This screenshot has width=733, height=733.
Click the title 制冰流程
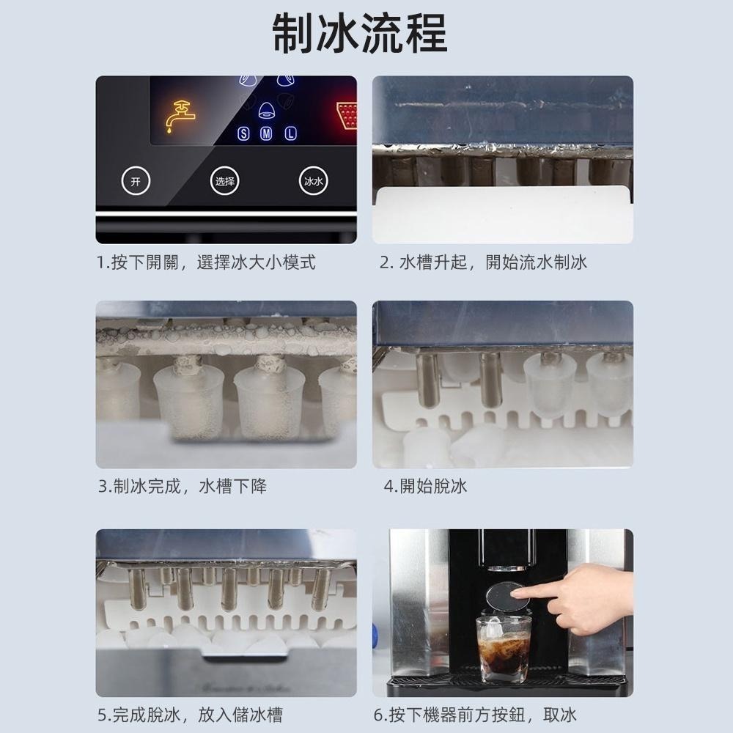coord(359,33)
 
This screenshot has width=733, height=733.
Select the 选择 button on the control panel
coord(224,181)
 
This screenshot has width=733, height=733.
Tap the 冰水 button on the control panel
coord(313,181)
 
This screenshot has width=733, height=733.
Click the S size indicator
coord(245,134)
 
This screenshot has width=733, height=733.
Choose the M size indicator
coord(267,134)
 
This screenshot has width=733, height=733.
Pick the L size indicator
coord(290,134)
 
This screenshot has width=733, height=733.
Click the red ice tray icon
coord(347,115)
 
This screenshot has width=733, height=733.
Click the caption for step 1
coord(207,262)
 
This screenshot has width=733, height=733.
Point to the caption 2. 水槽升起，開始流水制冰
coord(483,262)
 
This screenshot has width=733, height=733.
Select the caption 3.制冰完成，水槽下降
coord(183,486)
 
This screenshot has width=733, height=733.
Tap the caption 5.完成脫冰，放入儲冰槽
coord(190,714)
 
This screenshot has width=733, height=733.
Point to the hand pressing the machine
coord(586,597)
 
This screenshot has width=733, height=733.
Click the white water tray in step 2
coord(501,214)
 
